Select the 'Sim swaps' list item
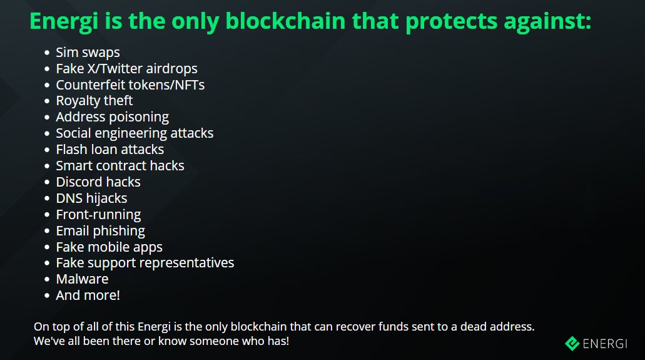[88, 53]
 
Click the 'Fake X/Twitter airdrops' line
[126, 69]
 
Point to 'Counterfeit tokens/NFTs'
[130, 85]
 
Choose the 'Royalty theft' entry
[94, 101]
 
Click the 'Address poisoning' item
[112, 117]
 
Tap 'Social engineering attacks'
[135, 133]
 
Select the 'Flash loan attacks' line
[109, 150]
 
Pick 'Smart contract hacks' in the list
[120, 166]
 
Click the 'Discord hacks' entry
[98, 182]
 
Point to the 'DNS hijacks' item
[91, 198]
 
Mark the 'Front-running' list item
[98, 215]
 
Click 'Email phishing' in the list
[100, 231]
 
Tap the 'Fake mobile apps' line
[109, 247]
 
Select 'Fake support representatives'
[145, 263]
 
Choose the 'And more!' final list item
[88, 296]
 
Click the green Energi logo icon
[572, 343]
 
